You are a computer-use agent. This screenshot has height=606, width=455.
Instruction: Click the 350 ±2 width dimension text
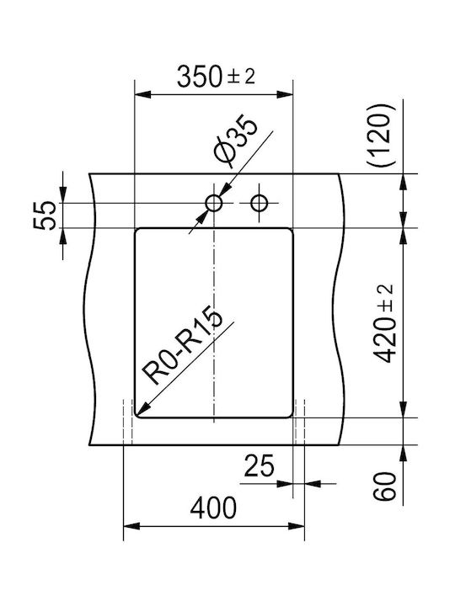pyautogui.click(x=216, y=76)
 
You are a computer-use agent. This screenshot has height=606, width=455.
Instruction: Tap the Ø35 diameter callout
pyautogui.click(x=236, y=141)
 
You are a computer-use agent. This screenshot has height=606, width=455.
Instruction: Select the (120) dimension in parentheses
pyautogui.click(x=382, y=135)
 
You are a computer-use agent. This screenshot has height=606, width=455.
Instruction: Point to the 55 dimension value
pyautogui.click(x=45, y=215)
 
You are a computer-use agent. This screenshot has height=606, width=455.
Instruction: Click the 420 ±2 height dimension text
pyautogui.click(x=384, y=323)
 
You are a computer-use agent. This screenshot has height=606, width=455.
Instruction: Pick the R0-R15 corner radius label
pyautogui.click(x=182, y=346)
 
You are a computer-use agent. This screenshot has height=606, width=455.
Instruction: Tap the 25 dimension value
pyautogui.click(x=259, y=465)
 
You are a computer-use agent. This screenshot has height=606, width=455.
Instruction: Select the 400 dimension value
pyautogui.click(x=213, y=508)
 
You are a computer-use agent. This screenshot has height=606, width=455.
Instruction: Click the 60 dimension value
pyautogui.click(x=384, y=486)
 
